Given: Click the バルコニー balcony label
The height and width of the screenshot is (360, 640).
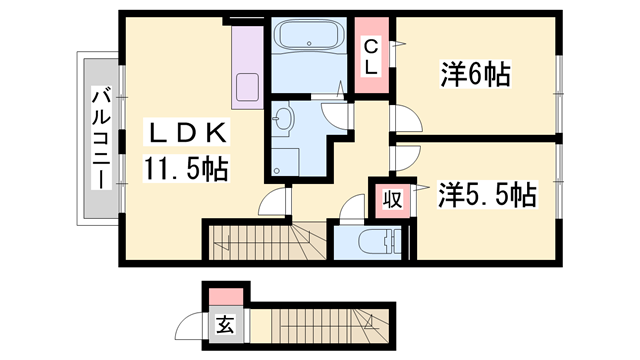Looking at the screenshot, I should point(101,139).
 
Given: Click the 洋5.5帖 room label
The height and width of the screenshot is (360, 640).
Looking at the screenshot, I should point(487,195).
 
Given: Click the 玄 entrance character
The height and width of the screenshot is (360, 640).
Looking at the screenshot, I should point(225,324).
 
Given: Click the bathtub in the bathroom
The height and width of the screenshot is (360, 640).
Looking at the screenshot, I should point(308,41).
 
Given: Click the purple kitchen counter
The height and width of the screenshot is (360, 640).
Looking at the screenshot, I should point(245,66).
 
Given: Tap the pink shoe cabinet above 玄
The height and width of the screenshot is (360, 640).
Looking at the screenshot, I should point(225,297).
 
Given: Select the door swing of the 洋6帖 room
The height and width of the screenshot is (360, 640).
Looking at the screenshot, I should point(405,118).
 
